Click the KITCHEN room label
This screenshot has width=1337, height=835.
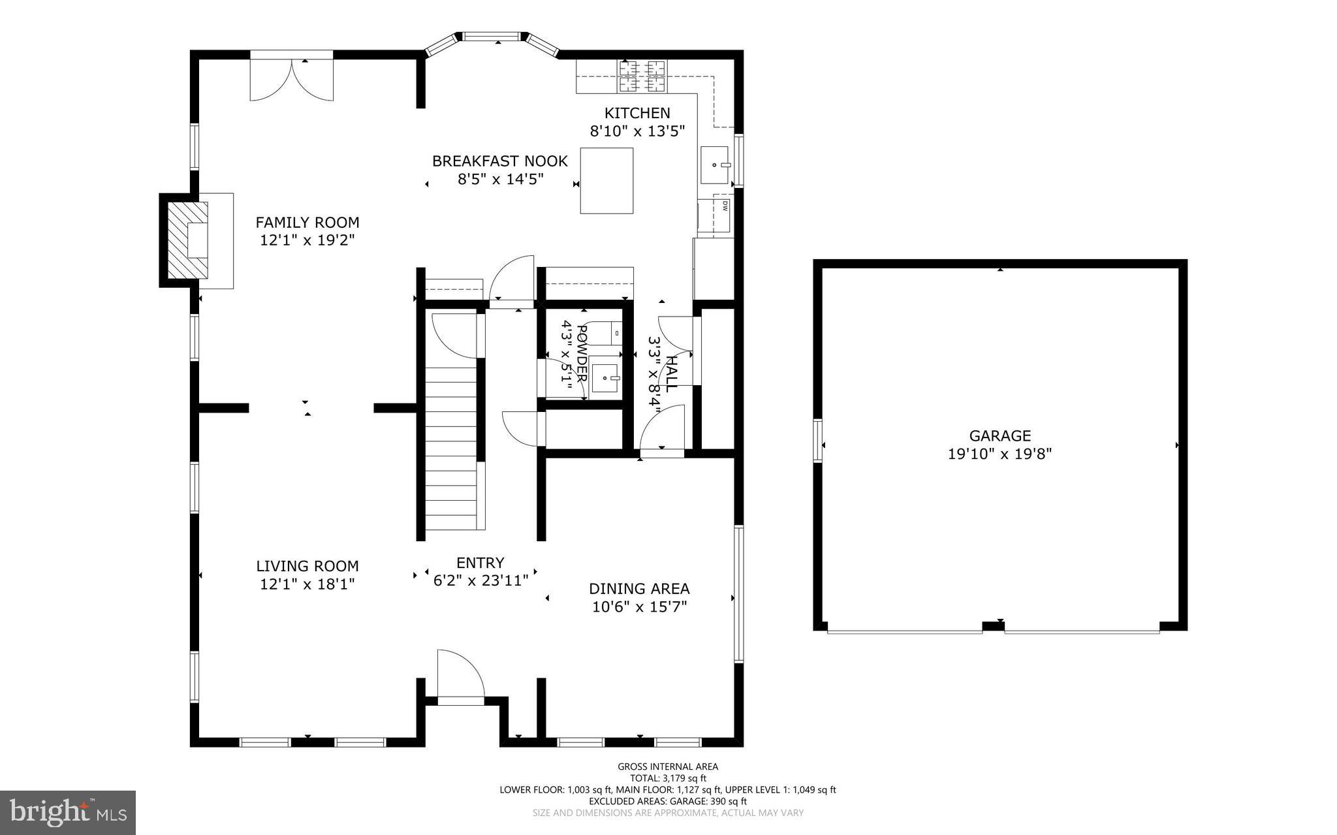(x=637, y=113)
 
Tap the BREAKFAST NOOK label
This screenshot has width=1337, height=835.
(x=500, y=161)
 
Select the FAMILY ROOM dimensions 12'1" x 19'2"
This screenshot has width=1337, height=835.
(x=307, y=240)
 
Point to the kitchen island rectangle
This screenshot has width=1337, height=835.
(x=606, y=181)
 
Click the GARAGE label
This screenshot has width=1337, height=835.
(x=999, y=435)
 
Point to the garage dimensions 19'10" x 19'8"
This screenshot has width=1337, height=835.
(x=999, y=454)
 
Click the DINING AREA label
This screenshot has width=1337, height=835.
(x=639, y=589)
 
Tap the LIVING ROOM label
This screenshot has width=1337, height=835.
(x=307, y=566)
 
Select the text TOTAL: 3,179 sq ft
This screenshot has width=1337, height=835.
(x=668, y=778)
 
